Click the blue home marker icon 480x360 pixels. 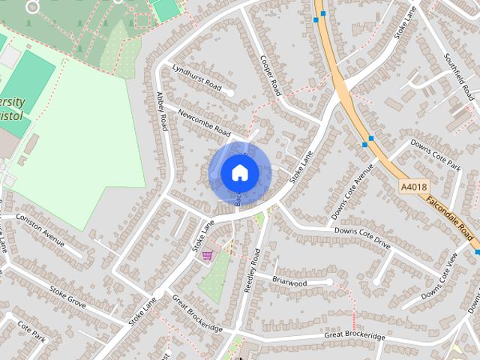pos(239,172)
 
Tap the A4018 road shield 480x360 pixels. pos(412,187)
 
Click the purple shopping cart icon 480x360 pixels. pos(206,256)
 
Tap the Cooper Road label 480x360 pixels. pos(270,75)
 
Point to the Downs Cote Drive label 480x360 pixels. pos(362,238)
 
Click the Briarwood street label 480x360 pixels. pos(289,283)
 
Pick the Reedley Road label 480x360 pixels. pos(255,271)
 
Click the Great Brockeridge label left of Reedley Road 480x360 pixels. pos(197,313)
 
